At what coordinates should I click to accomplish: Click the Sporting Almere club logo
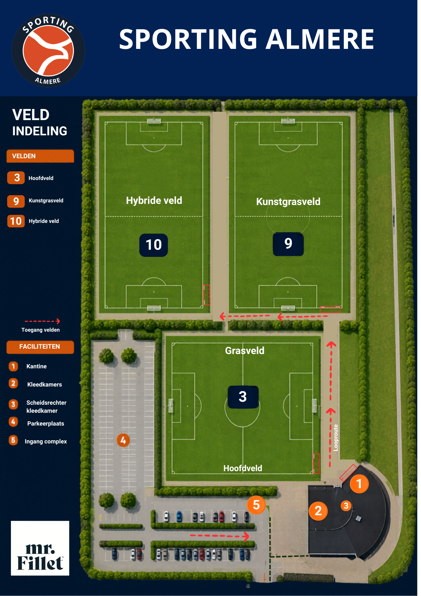pyautogui.click(x=48, y=50)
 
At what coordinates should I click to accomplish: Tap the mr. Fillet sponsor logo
pyautogui.click(x=40, y=548)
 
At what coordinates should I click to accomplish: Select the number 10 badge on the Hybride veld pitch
pyautogui.click(x=154, y=245)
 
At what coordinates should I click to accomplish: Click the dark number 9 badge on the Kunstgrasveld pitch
pyautogui.click(x=288, y=244)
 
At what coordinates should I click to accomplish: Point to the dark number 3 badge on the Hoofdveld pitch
pyautogui.click(x=243, y=397)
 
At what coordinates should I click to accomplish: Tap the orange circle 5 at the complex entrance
pyautogui.click(x=256, y=505)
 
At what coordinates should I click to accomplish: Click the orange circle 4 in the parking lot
pyautogui.click(x=123, y=440)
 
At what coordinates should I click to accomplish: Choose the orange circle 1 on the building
pyautogui.click(x=359, y=484)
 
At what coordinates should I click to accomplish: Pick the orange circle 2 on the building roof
pyautogui.click(x=318, y=511)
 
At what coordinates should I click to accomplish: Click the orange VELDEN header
pyautogui.click(x=40, y=156)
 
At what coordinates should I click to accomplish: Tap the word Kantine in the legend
pyautogui.click(x=37, y=366)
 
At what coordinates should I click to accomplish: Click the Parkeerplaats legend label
pyautogui.click(x=46, y=423)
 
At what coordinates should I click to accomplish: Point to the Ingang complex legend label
pyautogui.click(x=46, y=441)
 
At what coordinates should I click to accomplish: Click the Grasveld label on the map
pyautogui.click(x=245, y=350)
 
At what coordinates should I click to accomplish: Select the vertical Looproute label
pyautogui.click(x=336, y=437)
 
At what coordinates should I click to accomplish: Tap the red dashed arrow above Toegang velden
pyautogui.click(x=42, y=321)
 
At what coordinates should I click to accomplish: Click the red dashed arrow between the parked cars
pyautogui.click(x=220, y=536)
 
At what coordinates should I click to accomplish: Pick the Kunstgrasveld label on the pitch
pyautogui.click(x=288, y=201)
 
